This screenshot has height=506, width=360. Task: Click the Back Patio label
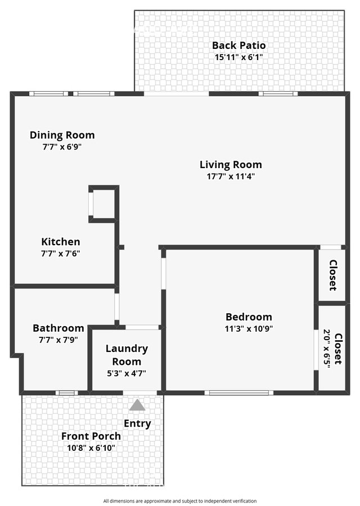point(238,46)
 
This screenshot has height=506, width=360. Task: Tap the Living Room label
point(231,165)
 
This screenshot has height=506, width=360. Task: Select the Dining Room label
point(62,135)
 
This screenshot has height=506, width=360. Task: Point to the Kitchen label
point(60,242)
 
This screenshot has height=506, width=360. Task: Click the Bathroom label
point(58,328)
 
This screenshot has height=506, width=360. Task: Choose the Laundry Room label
point(127,355)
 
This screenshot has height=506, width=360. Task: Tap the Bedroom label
point(249,317)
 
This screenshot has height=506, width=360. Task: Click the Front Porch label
point(91,436)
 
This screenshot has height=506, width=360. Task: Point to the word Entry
point(137,423)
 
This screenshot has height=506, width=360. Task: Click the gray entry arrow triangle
point(137,405)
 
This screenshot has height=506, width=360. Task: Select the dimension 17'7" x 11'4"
point(231,177)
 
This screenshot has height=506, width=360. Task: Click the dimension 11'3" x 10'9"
point(249,329)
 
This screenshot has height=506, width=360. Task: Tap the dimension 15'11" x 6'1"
point(238,57)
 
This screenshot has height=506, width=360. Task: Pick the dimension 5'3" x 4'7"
point(127,373)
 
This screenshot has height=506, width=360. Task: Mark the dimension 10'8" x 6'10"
point(91,448)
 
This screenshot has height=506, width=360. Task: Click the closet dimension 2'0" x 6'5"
point(327,349)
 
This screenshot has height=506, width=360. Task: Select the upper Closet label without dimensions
point(332,274)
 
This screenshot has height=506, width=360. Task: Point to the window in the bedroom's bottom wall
point(238,392)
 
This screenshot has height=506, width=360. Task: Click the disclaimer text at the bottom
point(180,501)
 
